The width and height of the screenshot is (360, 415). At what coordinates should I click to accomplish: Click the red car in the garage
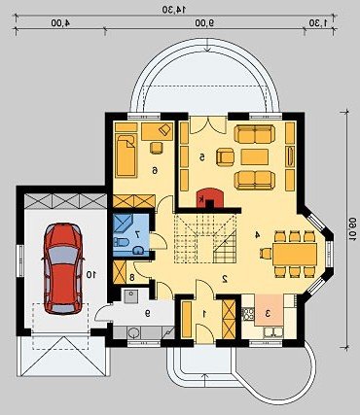click(x=62, y=268)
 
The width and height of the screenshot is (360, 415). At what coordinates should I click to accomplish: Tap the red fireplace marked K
click(x=210, y=197)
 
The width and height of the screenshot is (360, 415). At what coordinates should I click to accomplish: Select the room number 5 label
click(x=202, y=157)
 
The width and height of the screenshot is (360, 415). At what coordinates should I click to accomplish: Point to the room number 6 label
click(x=155, y=170)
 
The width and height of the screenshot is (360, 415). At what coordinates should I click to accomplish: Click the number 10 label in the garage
click(x=91, y=275)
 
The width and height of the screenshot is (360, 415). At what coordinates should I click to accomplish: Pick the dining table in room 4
click(x=295, y=254)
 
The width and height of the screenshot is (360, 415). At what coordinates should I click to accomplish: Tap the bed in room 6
click(x=126, y=156)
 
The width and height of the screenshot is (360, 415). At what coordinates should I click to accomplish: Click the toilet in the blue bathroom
click(x=121, y=242)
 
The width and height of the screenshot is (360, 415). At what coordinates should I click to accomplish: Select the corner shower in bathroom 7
click(x=125, y=223)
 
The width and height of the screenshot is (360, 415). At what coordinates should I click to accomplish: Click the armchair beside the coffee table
click(x=226, y=157)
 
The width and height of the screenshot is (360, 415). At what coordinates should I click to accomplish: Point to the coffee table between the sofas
click(x=255, y=157)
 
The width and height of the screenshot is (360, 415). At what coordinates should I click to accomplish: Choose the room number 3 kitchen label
click(x=269, y=313)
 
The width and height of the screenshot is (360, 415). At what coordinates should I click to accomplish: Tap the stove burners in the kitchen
click(x=248, y=314)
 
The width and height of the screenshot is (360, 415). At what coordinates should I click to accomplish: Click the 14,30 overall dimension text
click(x=175, y=10)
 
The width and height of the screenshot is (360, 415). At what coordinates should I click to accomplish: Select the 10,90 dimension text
click(x=352, y=229)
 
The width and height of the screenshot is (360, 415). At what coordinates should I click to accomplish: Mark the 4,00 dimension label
click(x=61, y=23)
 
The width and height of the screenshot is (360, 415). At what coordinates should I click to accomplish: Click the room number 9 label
click(x=148, y=313)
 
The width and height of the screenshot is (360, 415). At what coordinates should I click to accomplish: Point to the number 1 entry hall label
click(x=204, y=313)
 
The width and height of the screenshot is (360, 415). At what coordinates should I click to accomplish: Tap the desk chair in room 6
click(x=157, y=148)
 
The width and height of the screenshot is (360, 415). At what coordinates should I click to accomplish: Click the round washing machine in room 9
click(x=133, y=332)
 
